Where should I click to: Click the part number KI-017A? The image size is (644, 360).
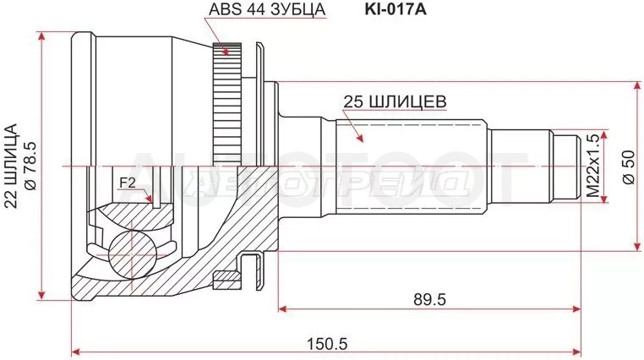pyautogui.click(x=396, y=9)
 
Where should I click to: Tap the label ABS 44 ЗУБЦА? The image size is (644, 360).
pyautogui.click(x=267, y=9)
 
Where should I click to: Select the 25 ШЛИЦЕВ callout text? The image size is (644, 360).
pyautogui.click(x=395, y=101)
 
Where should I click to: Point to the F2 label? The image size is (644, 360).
pyautogui.click(x=128, y=183)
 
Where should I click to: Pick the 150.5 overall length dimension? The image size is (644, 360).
pyautogui.click(x=328, y=343)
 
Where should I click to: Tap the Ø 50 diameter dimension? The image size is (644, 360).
pyautogui.click(x=630, y=167)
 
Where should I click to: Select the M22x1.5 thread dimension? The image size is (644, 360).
pyautogui.click(x=592, y=166)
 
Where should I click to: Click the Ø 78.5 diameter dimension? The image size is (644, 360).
pyautogui.click(x=32, y=165)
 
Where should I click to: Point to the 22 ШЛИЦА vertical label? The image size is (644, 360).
pyautogui.click(x=11, y=166)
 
